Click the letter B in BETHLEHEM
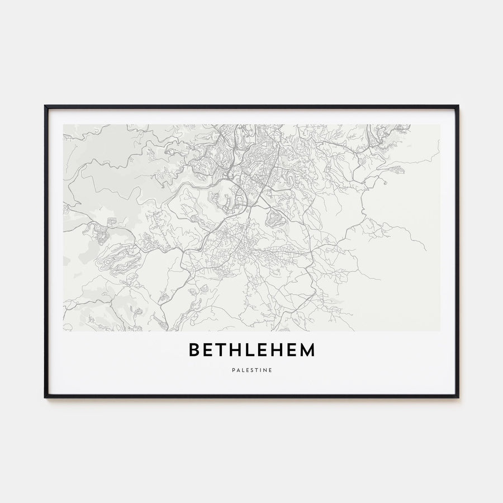[194, 350]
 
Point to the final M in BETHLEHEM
[307, 350]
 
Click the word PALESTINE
[251, 369]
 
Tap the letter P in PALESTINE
[232, 369]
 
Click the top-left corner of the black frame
[45, 106]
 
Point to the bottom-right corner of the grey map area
[439, 331]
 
